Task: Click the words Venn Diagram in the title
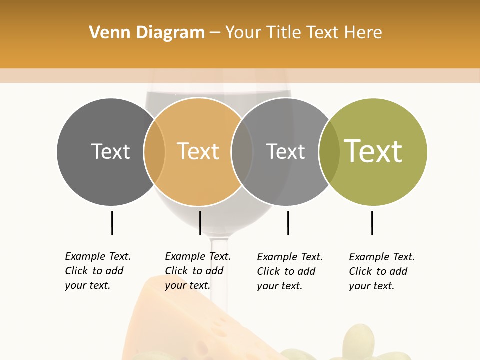click(x=147, y=33)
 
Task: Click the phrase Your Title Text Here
click(x=303, y=33)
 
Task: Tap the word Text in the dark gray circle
click(x=110, y=151)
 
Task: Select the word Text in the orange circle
click(x=198, y=151)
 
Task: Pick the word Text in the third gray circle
click(x=285, y=151)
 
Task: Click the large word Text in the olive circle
click(x=373, y=151)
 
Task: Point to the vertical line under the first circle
click(x=112, y=223)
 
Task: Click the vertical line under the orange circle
click(x=200, y=223)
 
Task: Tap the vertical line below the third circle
click(x=288, y=223)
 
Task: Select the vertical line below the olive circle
click(x=372, y=223)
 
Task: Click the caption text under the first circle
click(x=98, y=271)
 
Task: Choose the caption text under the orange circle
click(x=198, y=271)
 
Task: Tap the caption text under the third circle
click(x=290, y=271)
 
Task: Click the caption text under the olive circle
click(x=382, y=271)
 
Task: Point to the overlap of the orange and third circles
click(x=242, y=152)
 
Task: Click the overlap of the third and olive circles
click(x=329, y=152)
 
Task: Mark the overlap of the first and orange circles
click(x=154, y=152)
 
